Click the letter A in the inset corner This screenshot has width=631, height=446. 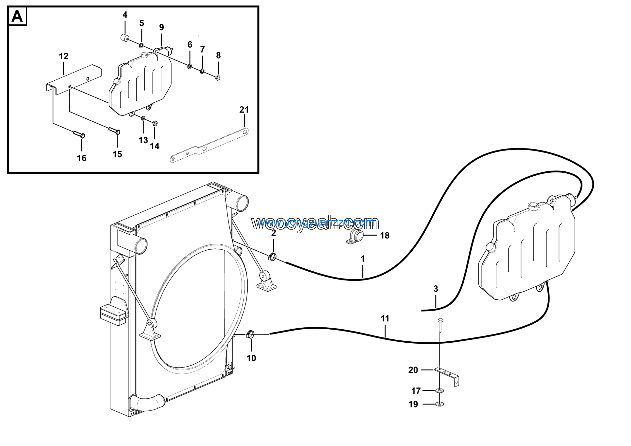(17, 17)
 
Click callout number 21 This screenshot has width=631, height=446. (244, 110)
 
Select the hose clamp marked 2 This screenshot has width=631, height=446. (272, 257)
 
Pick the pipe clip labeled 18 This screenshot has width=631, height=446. (355, 237)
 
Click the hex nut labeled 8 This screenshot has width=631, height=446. (218, 77)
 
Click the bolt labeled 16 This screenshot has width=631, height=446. (79, 134)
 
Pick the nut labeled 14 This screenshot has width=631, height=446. (155, 123)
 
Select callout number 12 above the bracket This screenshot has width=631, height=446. (64, 56)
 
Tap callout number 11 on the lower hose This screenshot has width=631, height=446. (385, 318)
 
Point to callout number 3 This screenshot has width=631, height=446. (436, 289)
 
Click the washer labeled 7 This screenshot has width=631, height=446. (202, 72)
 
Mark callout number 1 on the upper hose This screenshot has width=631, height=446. (363, 259)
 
